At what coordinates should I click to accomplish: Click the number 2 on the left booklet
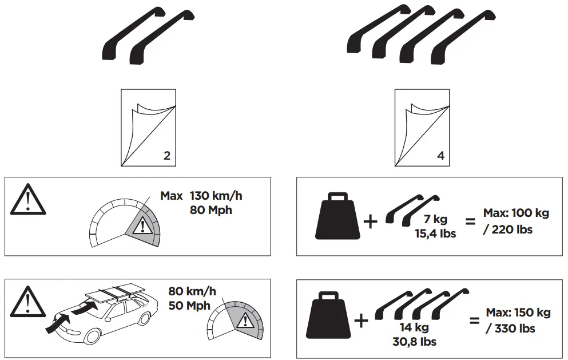(x=166, y=156)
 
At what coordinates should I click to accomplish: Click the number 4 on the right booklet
(x=440, y=156)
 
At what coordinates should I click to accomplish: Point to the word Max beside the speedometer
(x=172, y=196)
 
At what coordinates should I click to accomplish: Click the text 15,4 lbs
(x=436, y=234)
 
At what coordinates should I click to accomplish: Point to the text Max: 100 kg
(x=517, y=213)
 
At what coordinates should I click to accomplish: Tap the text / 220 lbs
(x=509, y=229)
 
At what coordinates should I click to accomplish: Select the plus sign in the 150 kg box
(x=362, y=321)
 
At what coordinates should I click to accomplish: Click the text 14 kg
(x=415, y=328)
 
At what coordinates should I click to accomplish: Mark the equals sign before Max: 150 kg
(x=475, y=321)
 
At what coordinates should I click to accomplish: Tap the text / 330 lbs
(x=510, y=329)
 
